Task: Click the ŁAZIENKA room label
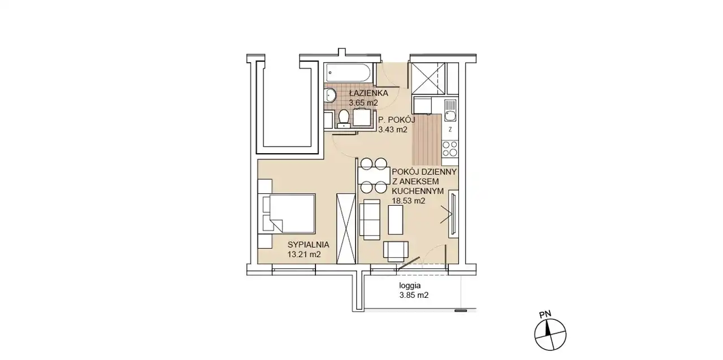pyautogui.click(x=369, y=93)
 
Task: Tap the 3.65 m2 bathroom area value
pyautogui.click(x=363, y=103)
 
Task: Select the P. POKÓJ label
pyautogui.click(x=396, y=120)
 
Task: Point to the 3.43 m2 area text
pyautogui.click(x=393, y=129)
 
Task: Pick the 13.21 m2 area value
pyautogui.click(x=304, y=254)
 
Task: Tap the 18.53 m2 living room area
pyautogui.click(x=408, y=201)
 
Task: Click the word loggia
pyautogui.click(x=410, y=286)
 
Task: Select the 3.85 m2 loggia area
pyautogui.click(x=414, y=295)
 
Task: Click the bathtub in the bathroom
pyautogui.click(x=349, y=72)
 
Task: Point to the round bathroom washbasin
pyautogui.click(x=331, y=96)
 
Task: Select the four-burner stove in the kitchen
pyautogui.click(x=450, y=149)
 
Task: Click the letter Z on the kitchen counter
pyautogui.click(x=451, y=129)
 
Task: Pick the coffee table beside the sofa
pyautogui.click(x=395, y=220)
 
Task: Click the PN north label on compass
pyautogui.click(x=545, y=314)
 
